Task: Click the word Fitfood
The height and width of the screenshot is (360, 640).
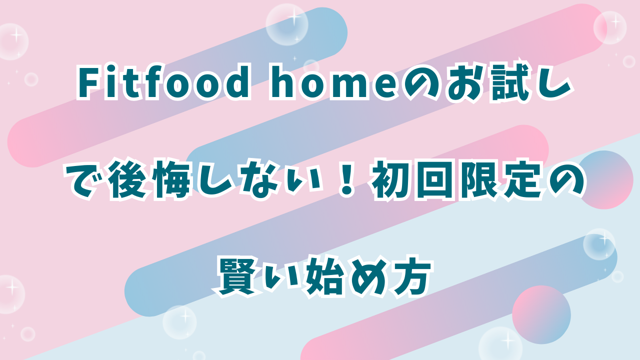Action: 163,84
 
